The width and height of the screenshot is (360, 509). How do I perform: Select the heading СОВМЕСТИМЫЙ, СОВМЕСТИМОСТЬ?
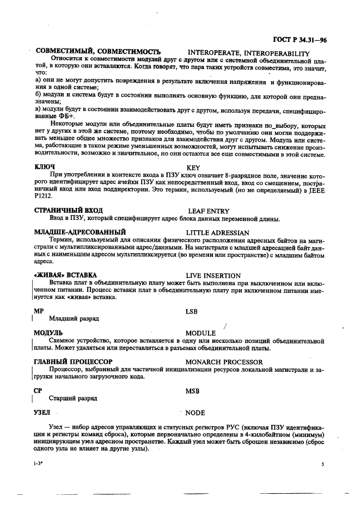tap(98, 51)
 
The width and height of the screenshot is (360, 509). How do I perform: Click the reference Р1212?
tap(42, 195)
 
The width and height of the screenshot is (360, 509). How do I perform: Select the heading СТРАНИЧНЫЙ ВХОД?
tap(69, 210)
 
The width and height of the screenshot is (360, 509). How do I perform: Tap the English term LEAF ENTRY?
tap(209, 211)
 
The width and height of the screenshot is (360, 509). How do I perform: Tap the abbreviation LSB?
tap(192, 311)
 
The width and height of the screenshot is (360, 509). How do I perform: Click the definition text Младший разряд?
tap(74, 318)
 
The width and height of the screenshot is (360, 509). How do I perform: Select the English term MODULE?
tap(200, 333)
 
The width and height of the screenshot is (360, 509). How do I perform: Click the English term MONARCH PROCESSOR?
tap(224, 362)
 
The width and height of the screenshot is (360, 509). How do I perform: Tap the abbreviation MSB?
tap(192, 391)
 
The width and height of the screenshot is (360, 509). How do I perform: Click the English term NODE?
tap(195, 413)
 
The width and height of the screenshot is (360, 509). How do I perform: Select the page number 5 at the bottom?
tap(322, 465)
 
